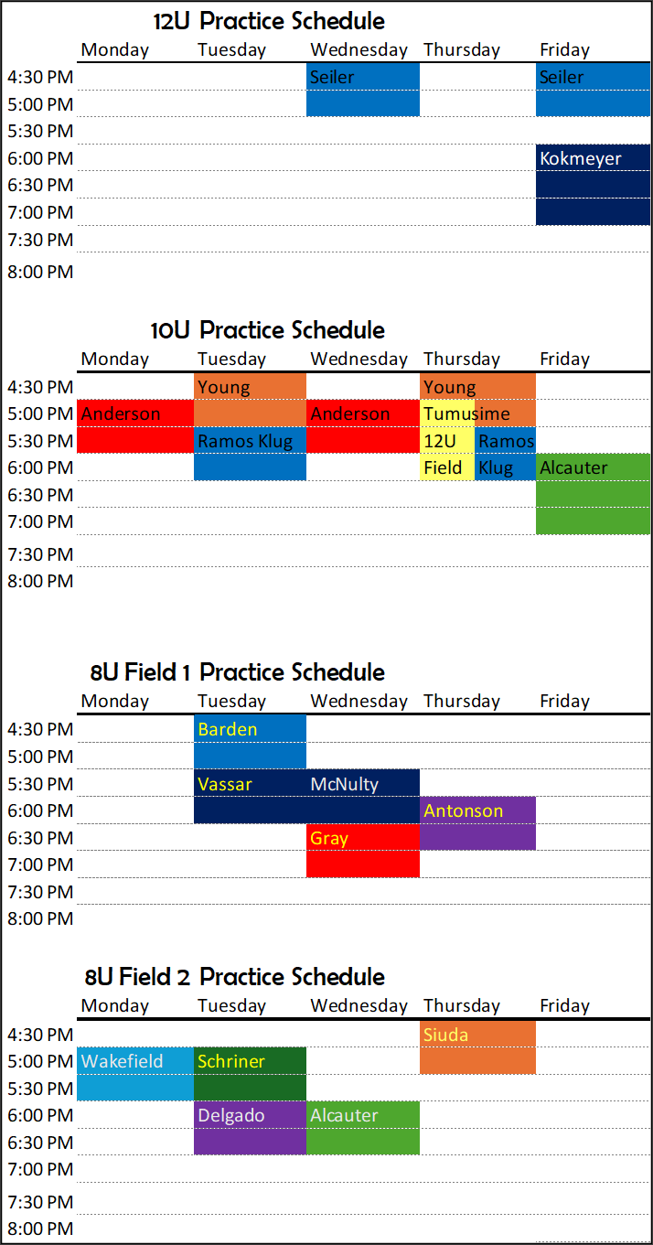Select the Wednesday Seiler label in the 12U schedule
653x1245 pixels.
point(332,77)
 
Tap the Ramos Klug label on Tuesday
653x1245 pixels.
point(245,441)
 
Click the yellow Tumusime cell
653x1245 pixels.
point(466,413)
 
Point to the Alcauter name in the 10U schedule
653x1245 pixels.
point(573,468)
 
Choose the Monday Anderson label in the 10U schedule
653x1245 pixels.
point(121,414)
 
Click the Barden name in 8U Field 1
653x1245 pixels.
point(228,729)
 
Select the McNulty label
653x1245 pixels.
point(345,784)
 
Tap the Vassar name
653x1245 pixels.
point(224,784)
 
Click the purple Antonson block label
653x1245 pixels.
point(463,810)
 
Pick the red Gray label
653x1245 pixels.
point(329,839)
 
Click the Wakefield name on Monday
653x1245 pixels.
point(122,1061)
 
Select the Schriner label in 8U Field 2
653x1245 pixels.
point(230,1061)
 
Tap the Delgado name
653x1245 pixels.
point(231,1115)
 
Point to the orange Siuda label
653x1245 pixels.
point(445,1035)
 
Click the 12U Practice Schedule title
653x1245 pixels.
point(269,21)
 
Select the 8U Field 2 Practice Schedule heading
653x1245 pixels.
point(234,977)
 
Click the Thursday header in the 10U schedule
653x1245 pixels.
point(462,360)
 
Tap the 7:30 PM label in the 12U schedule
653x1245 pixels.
point(40,240)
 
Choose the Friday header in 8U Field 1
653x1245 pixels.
point(564,701)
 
